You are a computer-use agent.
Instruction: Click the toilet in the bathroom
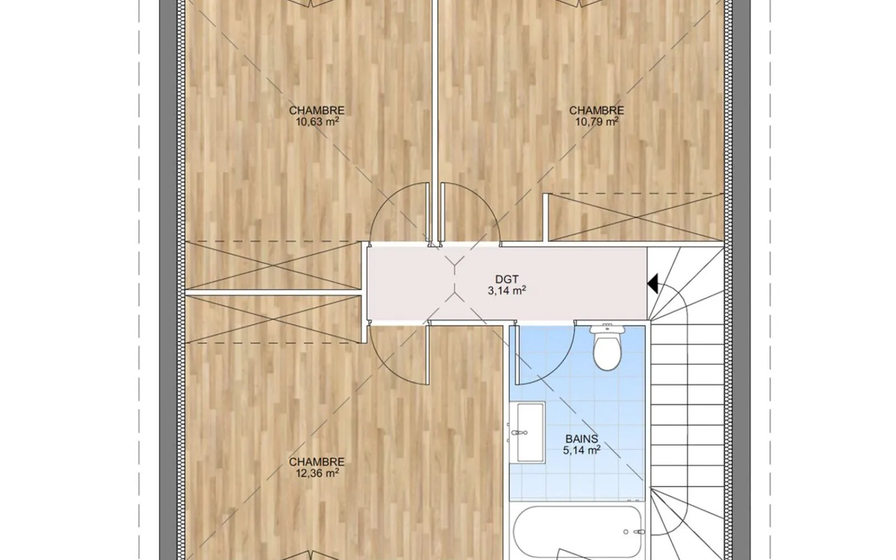coord(607,347)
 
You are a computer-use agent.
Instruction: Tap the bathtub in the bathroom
coord(577,532)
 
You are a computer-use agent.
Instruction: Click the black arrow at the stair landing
coord(652,283)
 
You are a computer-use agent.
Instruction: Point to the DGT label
coord(506,279)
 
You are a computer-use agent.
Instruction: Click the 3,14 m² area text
coord(506,291)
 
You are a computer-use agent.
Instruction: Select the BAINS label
coord(582,439)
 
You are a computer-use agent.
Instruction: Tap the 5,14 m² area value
coord(582,450)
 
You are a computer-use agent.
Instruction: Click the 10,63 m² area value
coord(317,121)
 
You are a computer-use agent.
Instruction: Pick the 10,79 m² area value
coord(597,121)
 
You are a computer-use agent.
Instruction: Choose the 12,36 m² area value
coord(317,473)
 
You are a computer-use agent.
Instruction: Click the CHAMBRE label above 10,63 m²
coord(317,110)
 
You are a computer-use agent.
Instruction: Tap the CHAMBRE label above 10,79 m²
coord(597,110)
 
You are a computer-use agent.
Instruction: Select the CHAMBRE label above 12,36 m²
coord(317,462)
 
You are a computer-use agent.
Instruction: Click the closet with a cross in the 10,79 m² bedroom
coord(636,217)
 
